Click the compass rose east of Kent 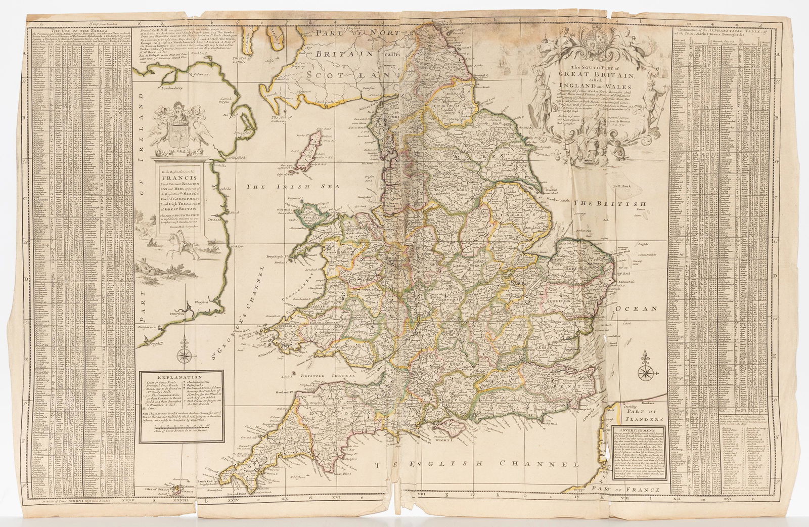click(x=646, y=374)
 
